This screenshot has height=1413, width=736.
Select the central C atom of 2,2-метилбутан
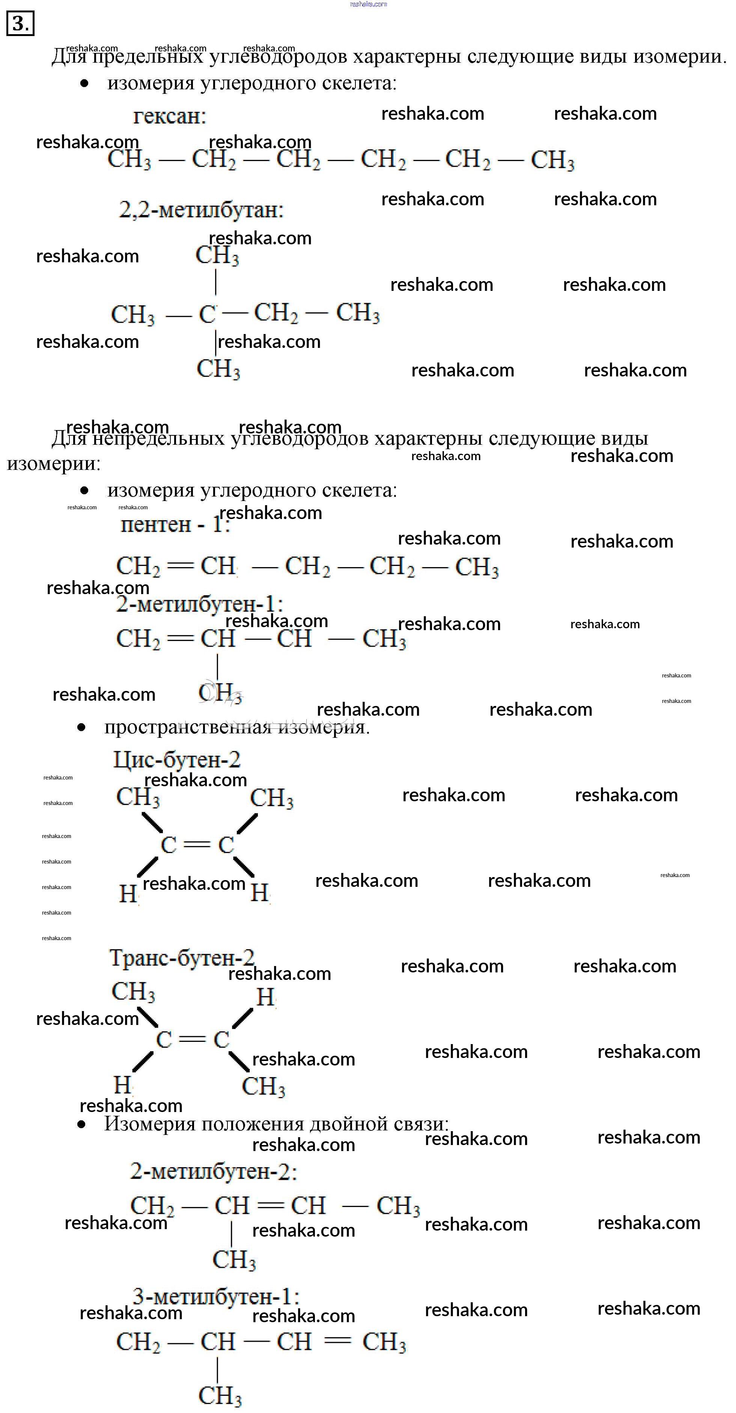click(207, 314)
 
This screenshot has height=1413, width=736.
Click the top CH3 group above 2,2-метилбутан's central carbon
click(217, 256)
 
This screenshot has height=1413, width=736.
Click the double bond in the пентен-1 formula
click(180, 566)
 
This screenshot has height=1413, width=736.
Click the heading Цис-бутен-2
click(177, 760)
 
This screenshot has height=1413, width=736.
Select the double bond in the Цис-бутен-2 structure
click(197, 845)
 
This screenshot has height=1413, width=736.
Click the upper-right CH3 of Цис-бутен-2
click(271, 799)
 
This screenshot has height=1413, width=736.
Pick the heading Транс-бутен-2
click(182, 958)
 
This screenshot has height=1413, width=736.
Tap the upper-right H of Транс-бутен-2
click(265, 997)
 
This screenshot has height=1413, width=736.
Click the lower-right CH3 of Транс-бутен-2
click(263, 1086)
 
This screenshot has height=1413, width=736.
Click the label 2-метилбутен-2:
click(213, 1172)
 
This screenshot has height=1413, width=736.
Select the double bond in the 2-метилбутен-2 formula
click(270, 1206)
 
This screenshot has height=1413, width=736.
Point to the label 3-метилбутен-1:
click(215, 1297)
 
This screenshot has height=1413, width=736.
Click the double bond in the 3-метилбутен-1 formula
click(337, 1341)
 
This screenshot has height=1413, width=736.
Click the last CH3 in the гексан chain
click(552, 160)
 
